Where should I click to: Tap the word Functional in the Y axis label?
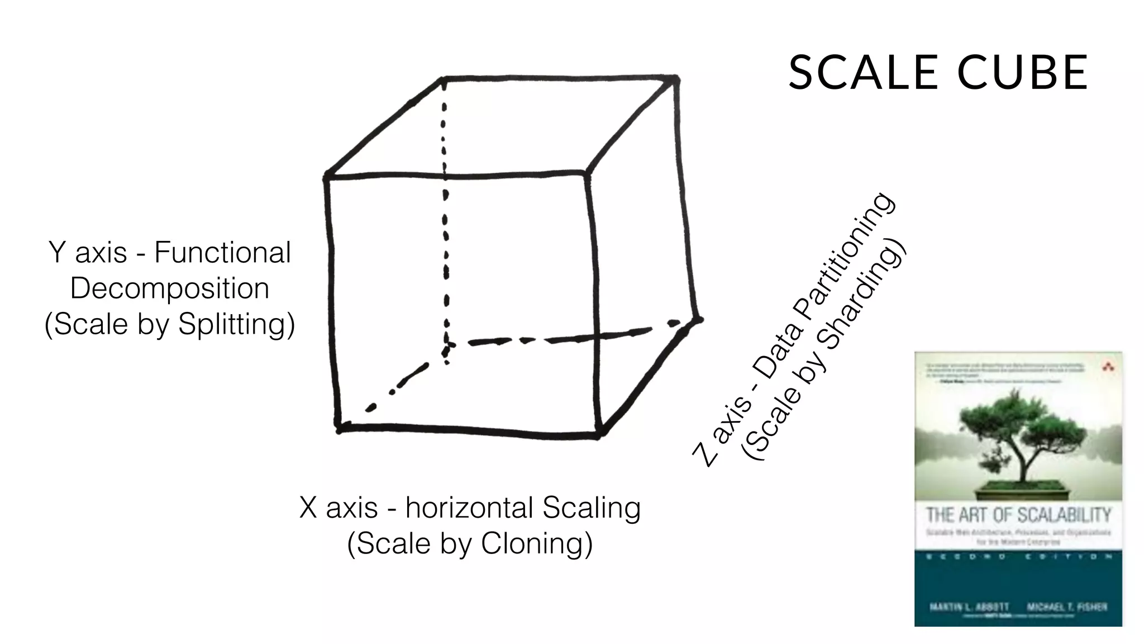click(222, 252)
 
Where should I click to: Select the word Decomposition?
click(170, 288)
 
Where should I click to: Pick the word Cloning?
click(536, 543)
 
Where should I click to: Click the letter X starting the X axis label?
click(308, 508)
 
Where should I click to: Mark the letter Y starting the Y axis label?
click(58, 252)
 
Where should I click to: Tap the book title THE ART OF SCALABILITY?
click(1018, 514)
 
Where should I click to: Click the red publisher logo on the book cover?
click(1108, 367)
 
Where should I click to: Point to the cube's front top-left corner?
click(327, 178)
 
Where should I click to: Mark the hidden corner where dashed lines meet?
click(446, 348)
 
